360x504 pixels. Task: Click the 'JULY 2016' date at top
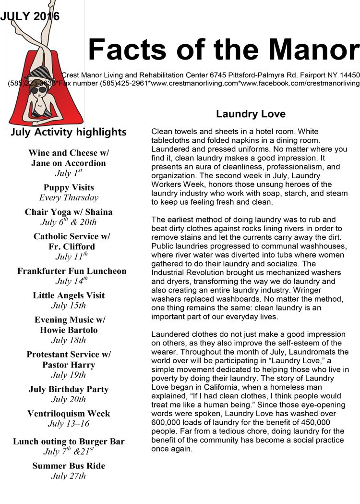click(x=30, y=16)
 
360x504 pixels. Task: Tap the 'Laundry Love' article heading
click(x=251, y=114)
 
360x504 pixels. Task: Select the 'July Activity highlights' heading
click(x=69, y=132)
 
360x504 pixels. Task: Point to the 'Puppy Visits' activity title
click(x=69, y=187)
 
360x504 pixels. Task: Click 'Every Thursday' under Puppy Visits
click(x=69, y=197)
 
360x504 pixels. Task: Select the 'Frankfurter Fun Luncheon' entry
click(x=72, y=271)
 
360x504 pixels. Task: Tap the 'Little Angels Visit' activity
click(x=69, y=295)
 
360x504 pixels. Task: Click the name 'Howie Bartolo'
click(x=69, y=330)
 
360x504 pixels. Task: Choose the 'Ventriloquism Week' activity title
click(x=69, y=414)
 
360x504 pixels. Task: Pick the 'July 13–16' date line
click(x=69, y=424)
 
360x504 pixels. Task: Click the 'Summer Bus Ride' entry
click(x=69, y=466)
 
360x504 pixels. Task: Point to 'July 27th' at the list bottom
click(x=69, y=476)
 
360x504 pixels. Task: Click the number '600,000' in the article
click(x=167, y=422)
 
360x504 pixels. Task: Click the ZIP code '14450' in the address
click(x=347, y=75)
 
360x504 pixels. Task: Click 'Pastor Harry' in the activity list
click(x=69, y=365)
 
